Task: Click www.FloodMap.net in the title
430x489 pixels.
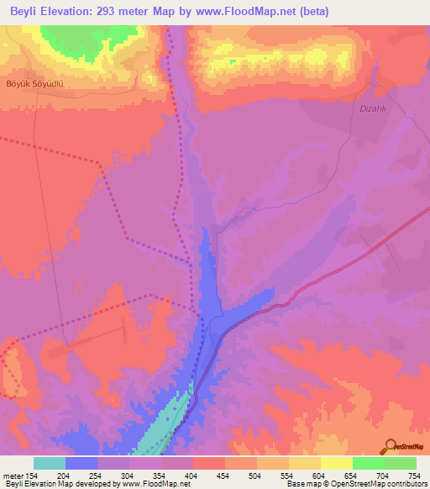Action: point(244,12)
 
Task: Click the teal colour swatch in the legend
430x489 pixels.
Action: point(50,463)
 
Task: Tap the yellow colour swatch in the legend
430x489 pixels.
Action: point(337,463)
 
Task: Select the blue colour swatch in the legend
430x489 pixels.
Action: point(81,463)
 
